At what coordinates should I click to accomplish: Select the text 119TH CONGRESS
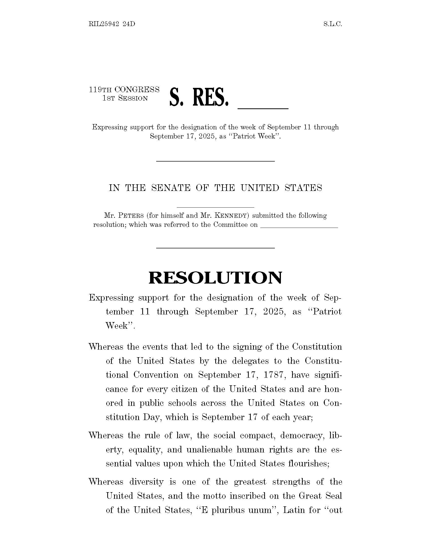(x=124, y=90)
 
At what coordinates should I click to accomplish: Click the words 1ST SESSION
(x=125, y=98)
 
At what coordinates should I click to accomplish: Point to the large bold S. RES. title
(x=199, y=97)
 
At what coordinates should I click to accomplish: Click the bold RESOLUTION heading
(x=215, y=278)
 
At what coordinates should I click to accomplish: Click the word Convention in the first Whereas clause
(x=156, y=375)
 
